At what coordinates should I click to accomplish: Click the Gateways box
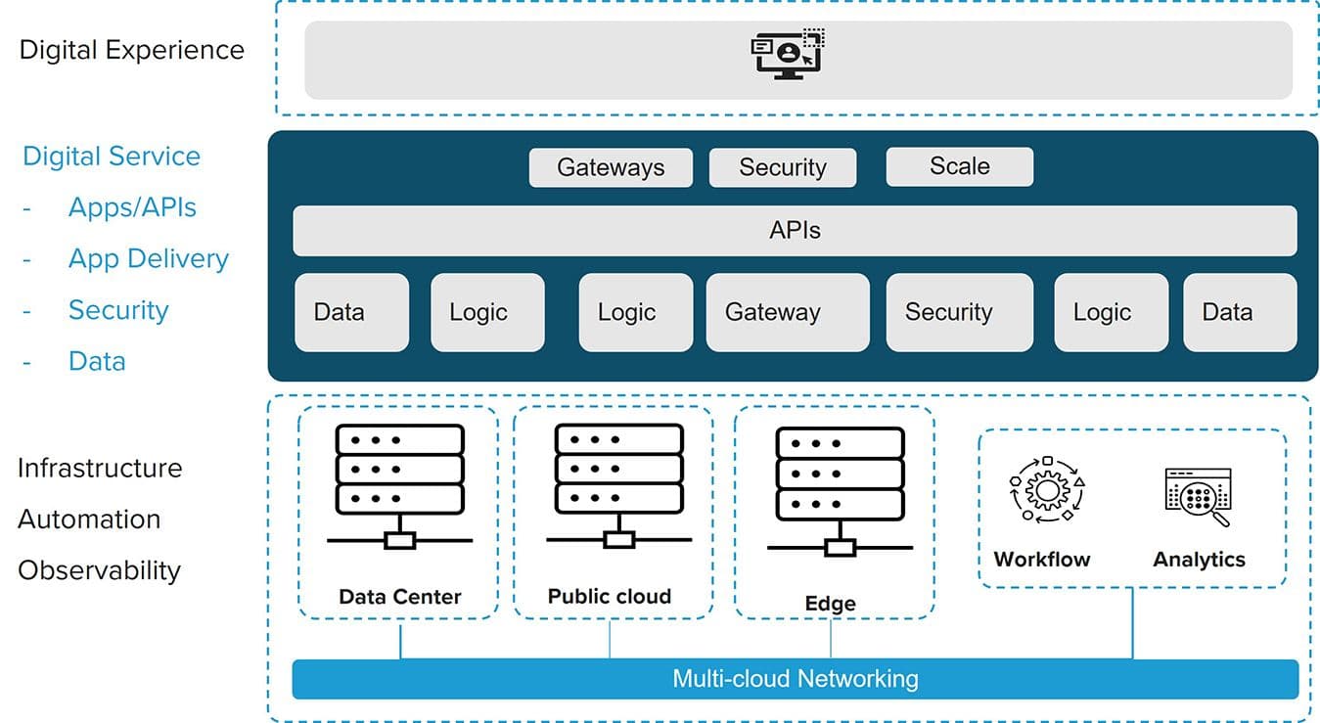[611, 167]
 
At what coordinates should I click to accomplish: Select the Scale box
[959, 166]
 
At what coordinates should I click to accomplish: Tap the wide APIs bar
[795, 231]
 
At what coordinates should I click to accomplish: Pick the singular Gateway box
[787, 312]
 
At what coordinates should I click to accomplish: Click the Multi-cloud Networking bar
[795, 678]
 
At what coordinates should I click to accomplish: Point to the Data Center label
[399, 596]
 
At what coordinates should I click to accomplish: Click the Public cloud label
[609, 596]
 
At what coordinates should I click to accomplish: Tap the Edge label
[830, 604]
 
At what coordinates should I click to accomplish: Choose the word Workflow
[1041, 560]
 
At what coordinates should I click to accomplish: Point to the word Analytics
[1199, 560]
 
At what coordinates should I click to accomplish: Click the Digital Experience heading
[132, 50]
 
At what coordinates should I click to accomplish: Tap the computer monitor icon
[787, 55]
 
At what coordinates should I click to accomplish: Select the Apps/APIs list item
[132, 207]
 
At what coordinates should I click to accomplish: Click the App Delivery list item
[148, 258]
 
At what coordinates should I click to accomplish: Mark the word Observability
[99, 570]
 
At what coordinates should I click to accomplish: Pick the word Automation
[89, 519]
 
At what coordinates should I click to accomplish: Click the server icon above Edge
[840, 489]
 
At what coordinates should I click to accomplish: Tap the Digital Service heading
[112, 157]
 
